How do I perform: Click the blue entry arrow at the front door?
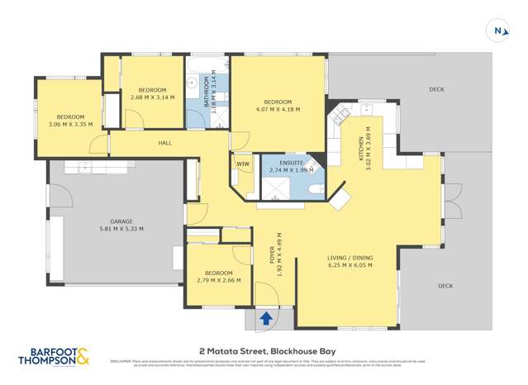pos(267,317)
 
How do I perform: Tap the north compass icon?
pos(497,31)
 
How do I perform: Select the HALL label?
pos(164,143)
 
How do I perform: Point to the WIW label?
pos(243,164)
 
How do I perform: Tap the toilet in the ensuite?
pos(315,189)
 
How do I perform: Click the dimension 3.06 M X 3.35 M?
pos(70,125)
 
